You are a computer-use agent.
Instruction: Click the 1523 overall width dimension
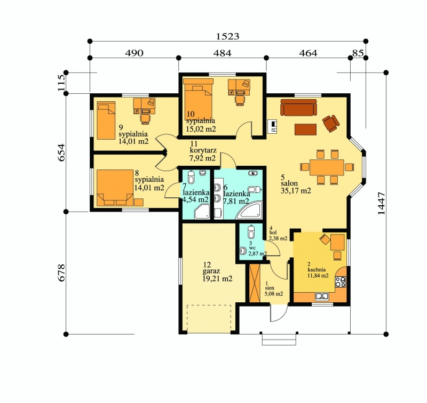pos(228,36)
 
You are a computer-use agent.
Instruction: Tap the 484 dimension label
pos(222,53)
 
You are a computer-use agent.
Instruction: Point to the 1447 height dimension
pos(382,204)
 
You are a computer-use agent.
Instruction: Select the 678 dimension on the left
pos(61,272)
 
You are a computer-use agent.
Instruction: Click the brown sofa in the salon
pos(299,107)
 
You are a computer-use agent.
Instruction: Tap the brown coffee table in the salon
pos(305,130)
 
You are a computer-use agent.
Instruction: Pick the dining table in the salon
pos(327,167)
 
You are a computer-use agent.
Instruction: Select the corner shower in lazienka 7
pos(202,212)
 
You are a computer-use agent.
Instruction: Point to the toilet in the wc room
pos(251,232)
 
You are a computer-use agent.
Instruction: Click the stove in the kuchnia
pos(341,281)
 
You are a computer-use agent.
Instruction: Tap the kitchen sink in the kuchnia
pos(322,296)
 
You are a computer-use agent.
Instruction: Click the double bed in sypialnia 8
pos(115,188)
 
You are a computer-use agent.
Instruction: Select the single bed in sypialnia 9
pos(106,120)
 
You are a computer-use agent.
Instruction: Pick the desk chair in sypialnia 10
pos(240,100)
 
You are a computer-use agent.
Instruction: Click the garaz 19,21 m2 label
pos(217,271)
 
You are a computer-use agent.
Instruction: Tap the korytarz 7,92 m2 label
pos(203,151)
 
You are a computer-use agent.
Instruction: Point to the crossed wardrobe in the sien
pos(255,283)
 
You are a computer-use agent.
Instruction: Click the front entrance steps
pos(279,339)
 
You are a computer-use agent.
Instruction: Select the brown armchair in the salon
pos(331,124)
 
